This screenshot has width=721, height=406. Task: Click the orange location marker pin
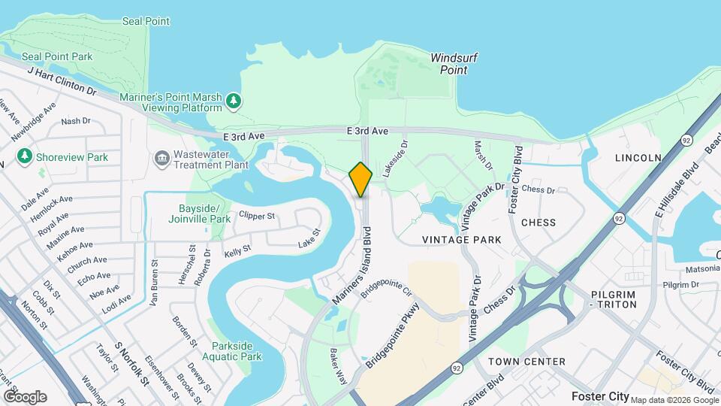tap(360, 180)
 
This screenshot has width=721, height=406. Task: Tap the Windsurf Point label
tap(454, 64)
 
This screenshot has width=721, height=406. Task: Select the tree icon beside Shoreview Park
tap(25, 156)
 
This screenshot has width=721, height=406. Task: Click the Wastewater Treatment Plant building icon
tap(161, 158)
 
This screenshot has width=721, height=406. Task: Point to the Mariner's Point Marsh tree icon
tap(234, 101)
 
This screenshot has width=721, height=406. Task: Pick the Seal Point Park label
tap(57, 56)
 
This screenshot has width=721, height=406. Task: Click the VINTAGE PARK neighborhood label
tap(461, 240)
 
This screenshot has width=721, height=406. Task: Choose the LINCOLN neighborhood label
tap(638, 158)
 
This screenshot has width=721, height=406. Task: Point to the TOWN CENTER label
tap(526, 362)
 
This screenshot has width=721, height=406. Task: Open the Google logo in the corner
tap(25, 396)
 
